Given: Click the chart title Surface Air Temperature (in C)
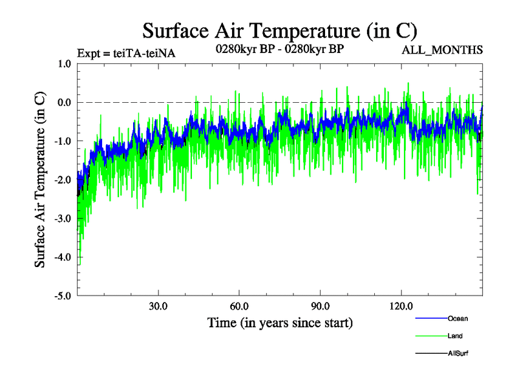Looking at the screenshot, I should [280, 30].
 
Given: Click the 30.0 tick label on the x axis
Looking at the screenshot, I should [158, 307].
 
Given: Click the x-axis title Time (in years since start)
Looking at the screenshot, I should [280, 322].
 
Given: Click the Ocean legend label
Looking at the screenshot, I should [458, 318].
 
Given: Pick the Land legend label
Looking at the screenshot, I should [455, 336].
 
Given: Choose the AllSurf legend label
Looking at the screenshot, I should [458, 353].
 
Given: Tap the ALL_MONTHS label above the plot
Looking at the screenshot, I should [442, 50].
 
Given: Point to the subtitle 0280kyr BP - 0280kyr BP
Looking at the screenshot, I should [279, 48].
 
